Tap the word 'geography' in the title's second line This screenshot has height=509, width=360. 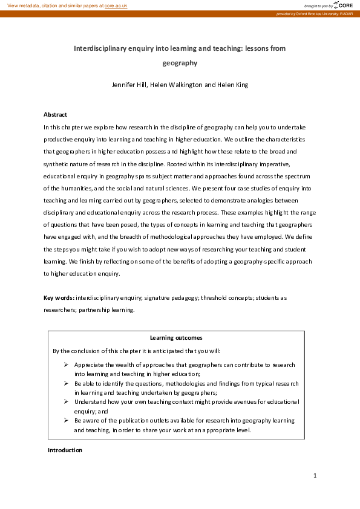tap(180, 62)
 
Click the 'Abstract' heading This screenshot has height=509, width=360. tap(55, 114)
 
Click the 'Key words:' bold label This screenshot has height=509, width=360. tap(59, 298)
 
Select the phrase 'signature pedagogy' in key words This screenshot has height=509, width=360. tap(155, 298)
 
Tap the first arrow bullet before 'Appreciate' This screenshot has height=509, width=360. tap(66, 365)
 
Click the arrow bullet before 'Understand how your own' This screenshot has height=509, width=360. tap(66, 401)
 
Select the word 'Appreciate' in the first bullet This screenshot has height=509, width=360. tap(90, 365)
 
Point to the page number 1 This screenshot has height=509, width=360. tap(315, 476)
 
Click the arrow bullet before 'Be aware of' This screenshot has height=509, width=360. tap(66, 420)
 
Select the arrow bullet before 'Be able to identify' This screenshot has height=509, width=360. tap(66, 383)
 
